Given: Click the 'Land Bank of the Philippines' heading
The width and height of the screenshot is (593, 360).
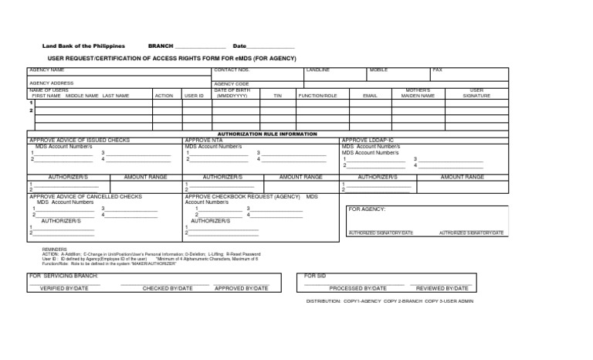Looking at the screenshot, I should pyautogui.click(x=83, y=46).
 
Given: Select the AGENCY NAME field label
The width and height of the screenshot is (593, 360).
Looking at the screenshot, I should pyautogui.click(x=46, y=70).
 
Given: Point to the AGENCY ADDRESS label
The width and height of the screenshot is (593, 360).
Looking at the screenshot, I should pyautogui.click(x=52, y=83).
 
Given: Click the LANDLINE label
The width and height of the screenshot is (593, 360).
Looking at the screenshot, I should pyautogui.click(x=318, y=70).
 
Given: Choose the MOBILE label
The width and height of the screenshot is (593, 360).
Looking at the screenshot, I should pyautogui.click(x=378, y=70).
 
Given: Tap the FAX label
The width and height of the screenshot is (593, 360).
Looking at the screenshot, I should pyautogui.click(x=438, y=70).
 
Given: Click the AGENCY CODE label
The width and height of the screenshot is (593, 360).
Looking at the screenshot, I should pyautogui.click(x=232, y=83).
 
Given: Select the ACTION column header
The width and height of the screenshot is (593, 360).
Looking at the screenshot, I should pyautogui.click(x=164, y=96).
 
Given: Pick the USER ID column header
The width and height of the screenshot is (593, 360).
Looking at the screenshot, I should pyautogui.click(x=194, y=96).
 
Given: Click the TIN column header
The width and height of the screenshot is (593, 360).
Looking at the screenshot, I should pyautogui.click(x=277, y=96).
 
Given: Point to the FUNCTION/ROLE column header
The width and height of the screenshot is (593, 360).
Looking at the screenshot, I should pyautogui.click(x=318, y=96).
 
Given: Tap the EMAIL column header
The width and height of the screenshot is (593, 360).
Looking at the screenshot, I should pyautogui.click(x=370, y=96).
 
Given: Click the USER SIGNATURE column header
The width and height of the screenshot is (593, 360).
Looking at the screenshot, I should pyautogui.click(x=476, y=93).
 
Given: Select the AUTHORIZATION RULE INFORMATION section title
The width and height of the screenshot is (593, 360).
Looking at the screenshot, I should pyautogui.click(x=267, y=134).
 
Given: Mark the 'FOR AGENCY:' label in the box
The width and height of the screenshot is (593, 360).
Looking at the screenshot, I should pyautogui.click(x=367, y=209).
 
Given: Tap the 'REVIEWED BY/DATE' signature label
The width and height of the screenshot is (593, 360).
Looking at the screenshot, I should pyautogui.click(x=440, y=288).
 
